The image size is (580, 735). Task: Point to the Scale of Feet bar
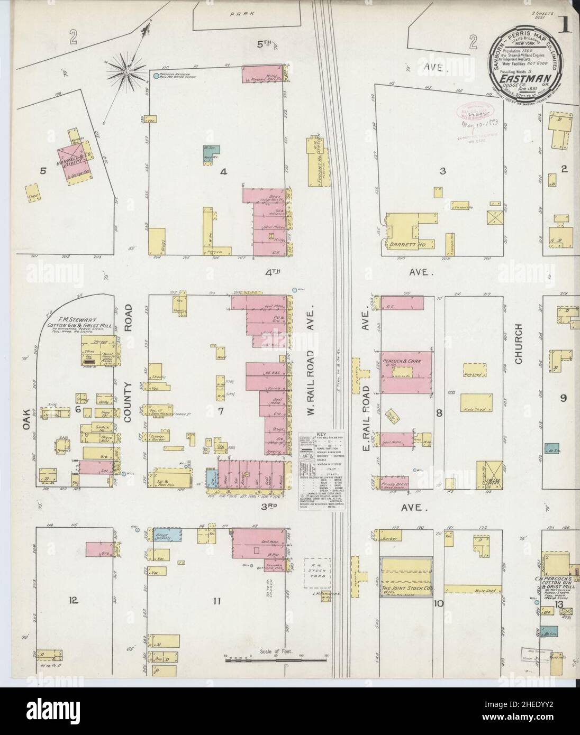(x=275, y=659)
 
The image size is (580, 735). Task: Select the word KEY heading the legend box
(x=322, y=434)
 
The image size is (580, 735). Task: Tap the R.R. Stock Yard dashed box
(x=316, y=573)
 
